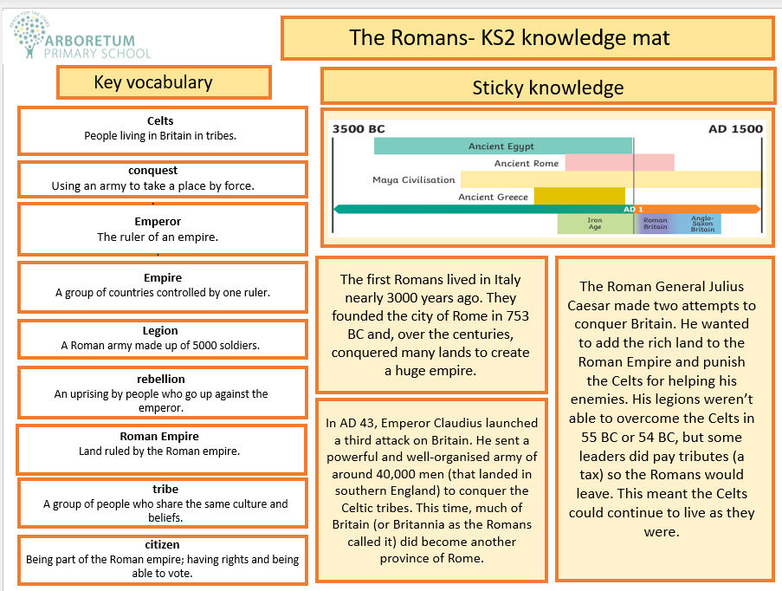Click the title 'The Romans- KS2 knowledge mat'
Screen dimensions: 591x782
coord(509,38)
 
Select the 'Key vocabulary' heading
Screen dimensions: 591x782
coord(152,82)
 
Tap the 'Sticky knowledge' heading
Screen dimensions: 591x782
coord(547,88)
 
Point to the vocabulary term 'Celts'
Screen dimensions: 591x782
coord(160,120)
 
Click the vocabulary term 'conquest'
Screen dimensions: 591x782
coord(160,171)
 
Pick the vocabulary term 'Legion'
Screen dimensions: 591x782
coord(160,330)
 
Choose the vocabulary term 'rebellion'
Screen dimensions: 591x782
coord(160,379)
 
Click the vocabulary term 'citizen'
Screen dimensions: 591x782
coord(162,544)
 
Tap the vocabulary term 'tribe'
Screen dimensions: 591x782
coord(160,490)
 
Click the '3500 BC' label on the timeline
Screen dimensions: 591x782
coord(359,129)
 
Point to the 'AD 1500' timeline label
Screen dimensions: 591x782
coord(734,129)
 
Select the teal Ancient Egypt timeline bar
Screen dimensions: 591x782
coord(502,146)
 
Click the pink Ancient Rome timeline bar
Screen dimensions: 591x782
coord(619,163)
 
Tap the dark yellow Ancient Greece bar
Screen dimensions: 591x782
coord(578,196)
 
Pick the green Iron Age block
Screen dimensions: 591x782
coord(595,224)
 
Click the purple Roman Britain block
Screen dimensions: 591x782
coord(655,224)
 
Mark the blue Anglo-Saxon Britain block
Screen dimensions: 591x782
coord(702,224)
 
